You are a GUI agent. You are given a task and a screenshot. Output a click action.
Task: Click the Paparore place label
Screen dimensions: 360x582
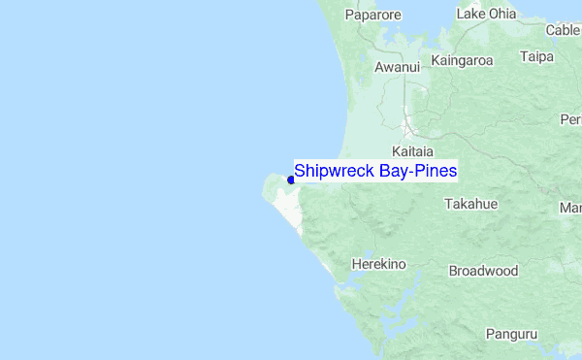tap(373, 16)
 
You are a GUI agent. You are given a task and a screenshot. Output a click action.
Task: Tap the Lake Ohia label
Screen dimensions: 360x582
tap(486, 15)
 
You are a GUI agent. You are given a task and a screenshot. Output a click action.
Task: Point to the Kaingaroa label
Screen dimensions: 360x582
tap(463, 60)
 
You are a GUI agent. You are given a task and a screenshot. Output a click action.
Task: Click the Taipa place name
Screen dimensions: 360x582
tap(536, 57)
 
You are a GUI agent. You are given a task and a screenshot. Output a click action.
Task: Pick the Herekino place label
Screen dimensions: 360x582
tap(377, 264)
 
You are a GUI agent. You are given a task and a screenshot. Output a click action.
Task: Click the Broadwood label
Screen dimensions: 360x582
tap(483, 272)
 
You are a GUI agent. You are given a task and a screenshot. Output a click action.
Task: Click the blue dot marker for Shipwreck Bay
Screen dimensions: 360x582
tap(291, 180)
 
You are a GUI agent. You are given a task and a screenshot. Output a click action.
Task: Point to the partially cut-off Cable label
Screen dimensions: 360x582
tap(564, 30)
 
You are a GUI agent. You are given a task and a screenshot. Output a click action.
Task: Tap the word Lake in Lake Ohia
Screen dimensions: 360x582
tap(469, 15)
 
